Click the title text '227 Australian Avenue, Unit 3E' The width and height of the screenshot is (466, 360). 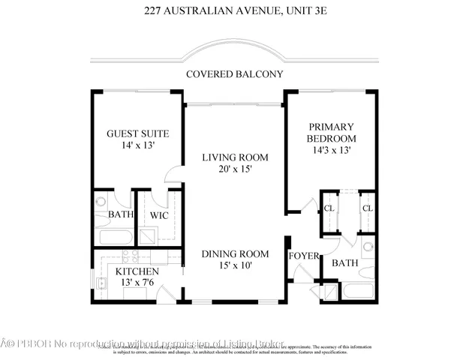[233, 10]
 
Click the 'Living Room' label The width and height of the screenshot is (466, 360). [235, 157]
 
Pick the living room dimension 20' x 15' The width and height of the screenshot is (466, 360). [235, 169]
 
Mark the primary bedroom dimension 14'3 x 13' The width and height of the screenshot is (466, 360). [330, 150]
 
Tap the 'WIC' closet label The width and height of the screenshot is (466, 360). [158, 215]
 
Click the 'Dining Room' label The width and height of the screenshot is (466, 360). [235, 254]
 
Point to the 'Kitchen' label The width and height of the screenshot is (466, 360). [136, 271]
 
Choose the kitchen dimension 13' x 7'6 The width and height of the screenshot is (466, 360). [136, 283]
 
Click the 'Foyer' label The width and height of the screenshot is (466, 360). [304, 256]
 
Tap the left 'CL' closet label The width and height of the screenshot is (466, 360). [328, 208]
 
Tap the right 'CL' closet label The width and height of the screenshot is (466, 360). [367, 208]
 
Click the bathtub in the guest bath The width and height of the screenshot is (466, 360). [113, 235]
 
